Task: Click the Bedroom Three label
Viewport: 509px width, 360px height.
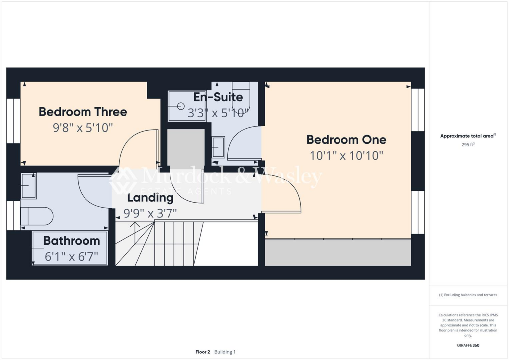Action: click(x=83, y=112)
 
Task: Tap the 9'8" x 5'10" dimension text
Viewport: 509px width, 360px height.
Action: click(x=83, y=128)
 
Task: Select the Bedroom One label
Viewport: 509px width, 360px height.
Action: click(x=346, y=139)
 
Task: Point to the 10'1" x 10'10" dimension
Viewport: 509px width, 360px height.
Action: click(x=346, y=156)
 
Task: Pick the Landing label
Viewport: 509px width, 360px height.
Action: click(x=150, y=198)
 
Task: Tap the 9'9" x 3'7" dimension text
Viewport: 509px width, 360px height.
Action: click(x=150, y=214)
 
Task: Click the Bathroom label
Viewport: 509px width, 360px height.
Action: click(x=72, y=241)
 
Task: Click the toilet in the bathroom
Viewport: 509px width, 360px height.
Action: click(x=37, y=216)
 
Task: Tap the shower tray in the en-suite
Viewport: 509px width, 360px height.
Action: click(x=186, y=106)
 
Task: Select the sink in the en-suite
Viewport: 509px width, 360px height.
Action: click(x=218, y=147)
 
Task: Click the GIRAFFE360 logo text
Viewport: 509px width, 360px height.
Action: click(x=469, y=345)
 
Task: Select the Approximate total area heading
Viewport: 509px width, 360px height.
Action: click(x=468, y=136)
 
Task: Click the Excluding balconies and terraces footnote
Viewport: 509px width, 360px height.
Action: click(x=468, y=295)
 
